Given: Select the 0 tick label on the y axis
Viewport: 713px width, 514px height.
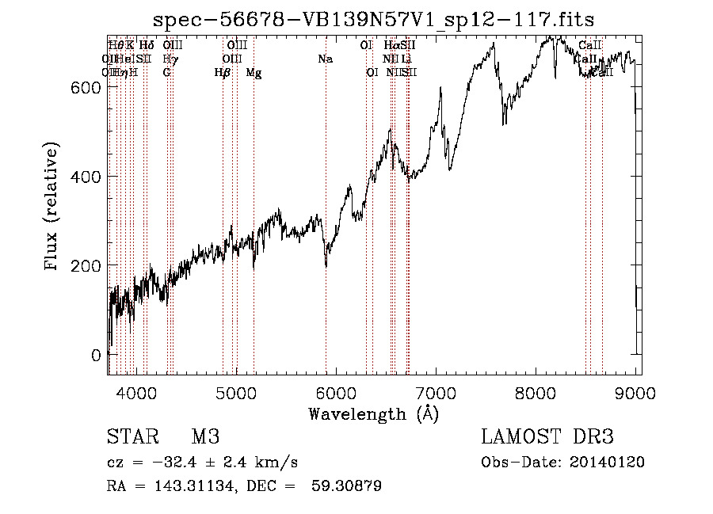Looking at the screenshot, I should [x=96, y=354].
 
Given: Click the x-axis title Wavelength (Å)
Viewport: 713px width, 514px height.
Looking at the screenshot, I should [x=373, y=413].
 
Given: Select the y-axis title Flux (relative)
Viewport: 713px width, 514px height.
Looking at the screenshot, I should [x=53, y=208].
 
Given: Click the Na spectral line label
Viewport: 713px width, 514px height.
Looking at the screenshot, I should [x=325, y=59].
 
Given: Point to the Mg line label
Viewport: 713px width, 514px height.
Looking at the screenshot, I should [x=254, y=73].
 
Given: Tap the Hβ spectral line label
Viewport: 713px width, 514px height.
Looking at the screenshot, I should [x=223, y=73].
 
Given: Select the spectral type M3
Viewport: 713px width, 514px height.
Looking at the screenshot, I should [x=205, y=437].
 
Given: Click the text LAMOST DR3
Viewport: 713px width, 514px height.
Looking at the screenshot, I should [x=547, y=437].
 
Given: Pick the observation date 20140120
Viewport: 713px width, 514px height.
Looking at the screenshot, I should [x=606, y=463].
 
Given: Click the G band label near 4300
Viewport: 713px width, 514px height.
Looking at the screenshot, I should [x=166, y=73].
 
